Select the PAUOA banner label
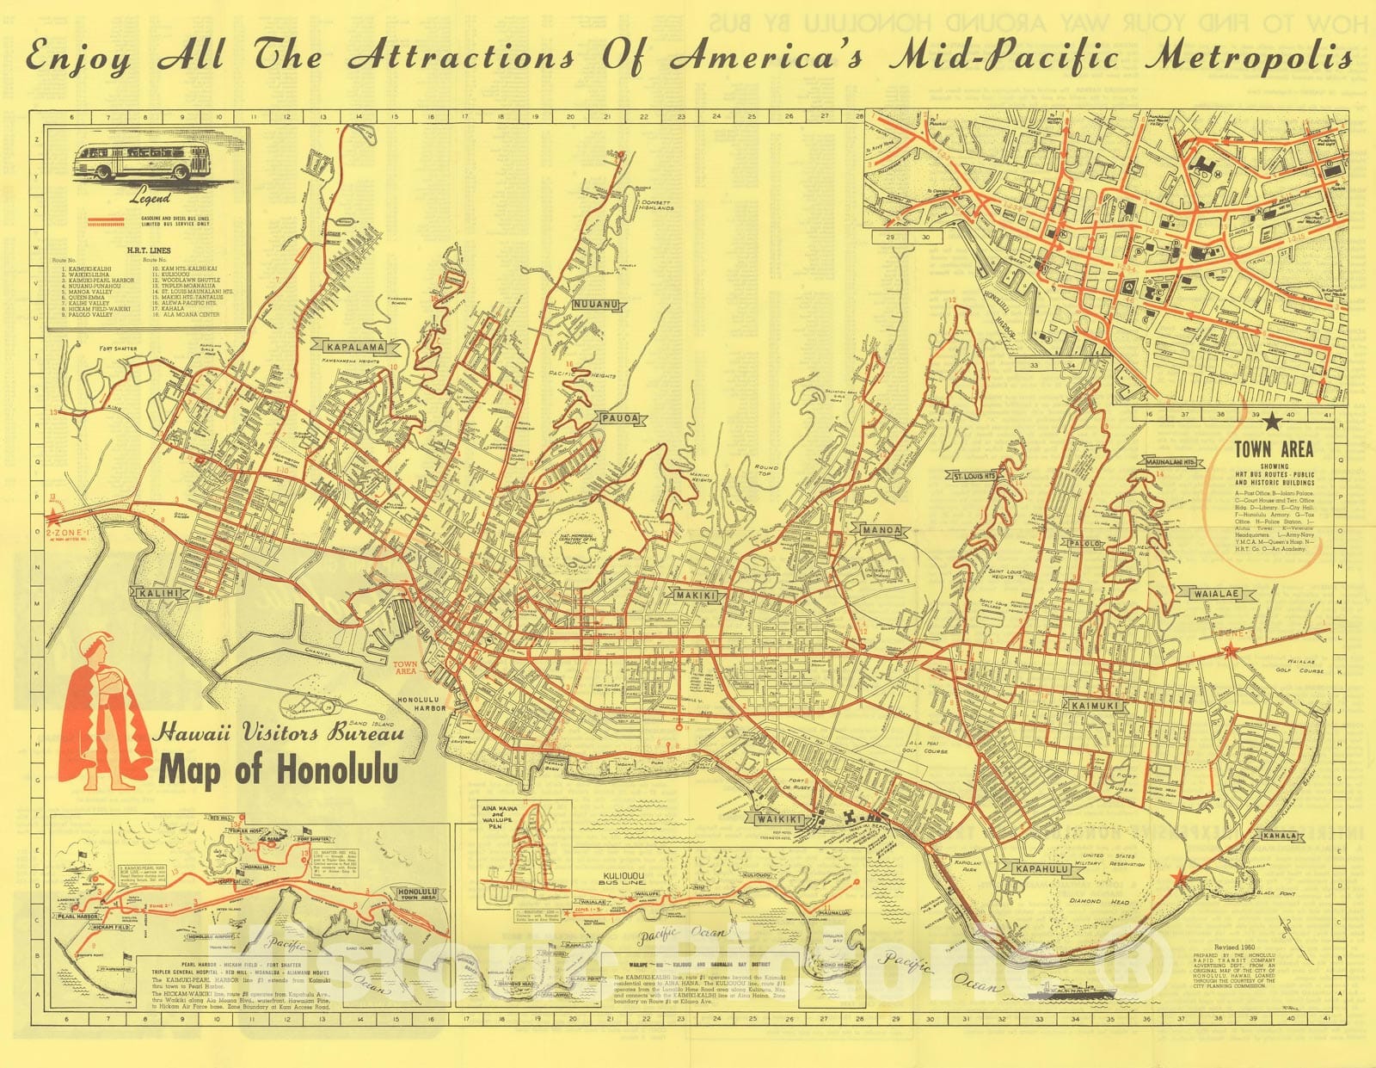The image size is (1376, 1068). (620, 418)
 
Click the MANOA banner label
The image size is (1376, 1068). (881, 530)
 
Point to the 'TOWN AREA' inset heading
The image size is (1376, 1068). (1274, 449)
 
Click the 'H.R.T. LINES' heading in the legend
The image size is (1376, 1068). (148, 250)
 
